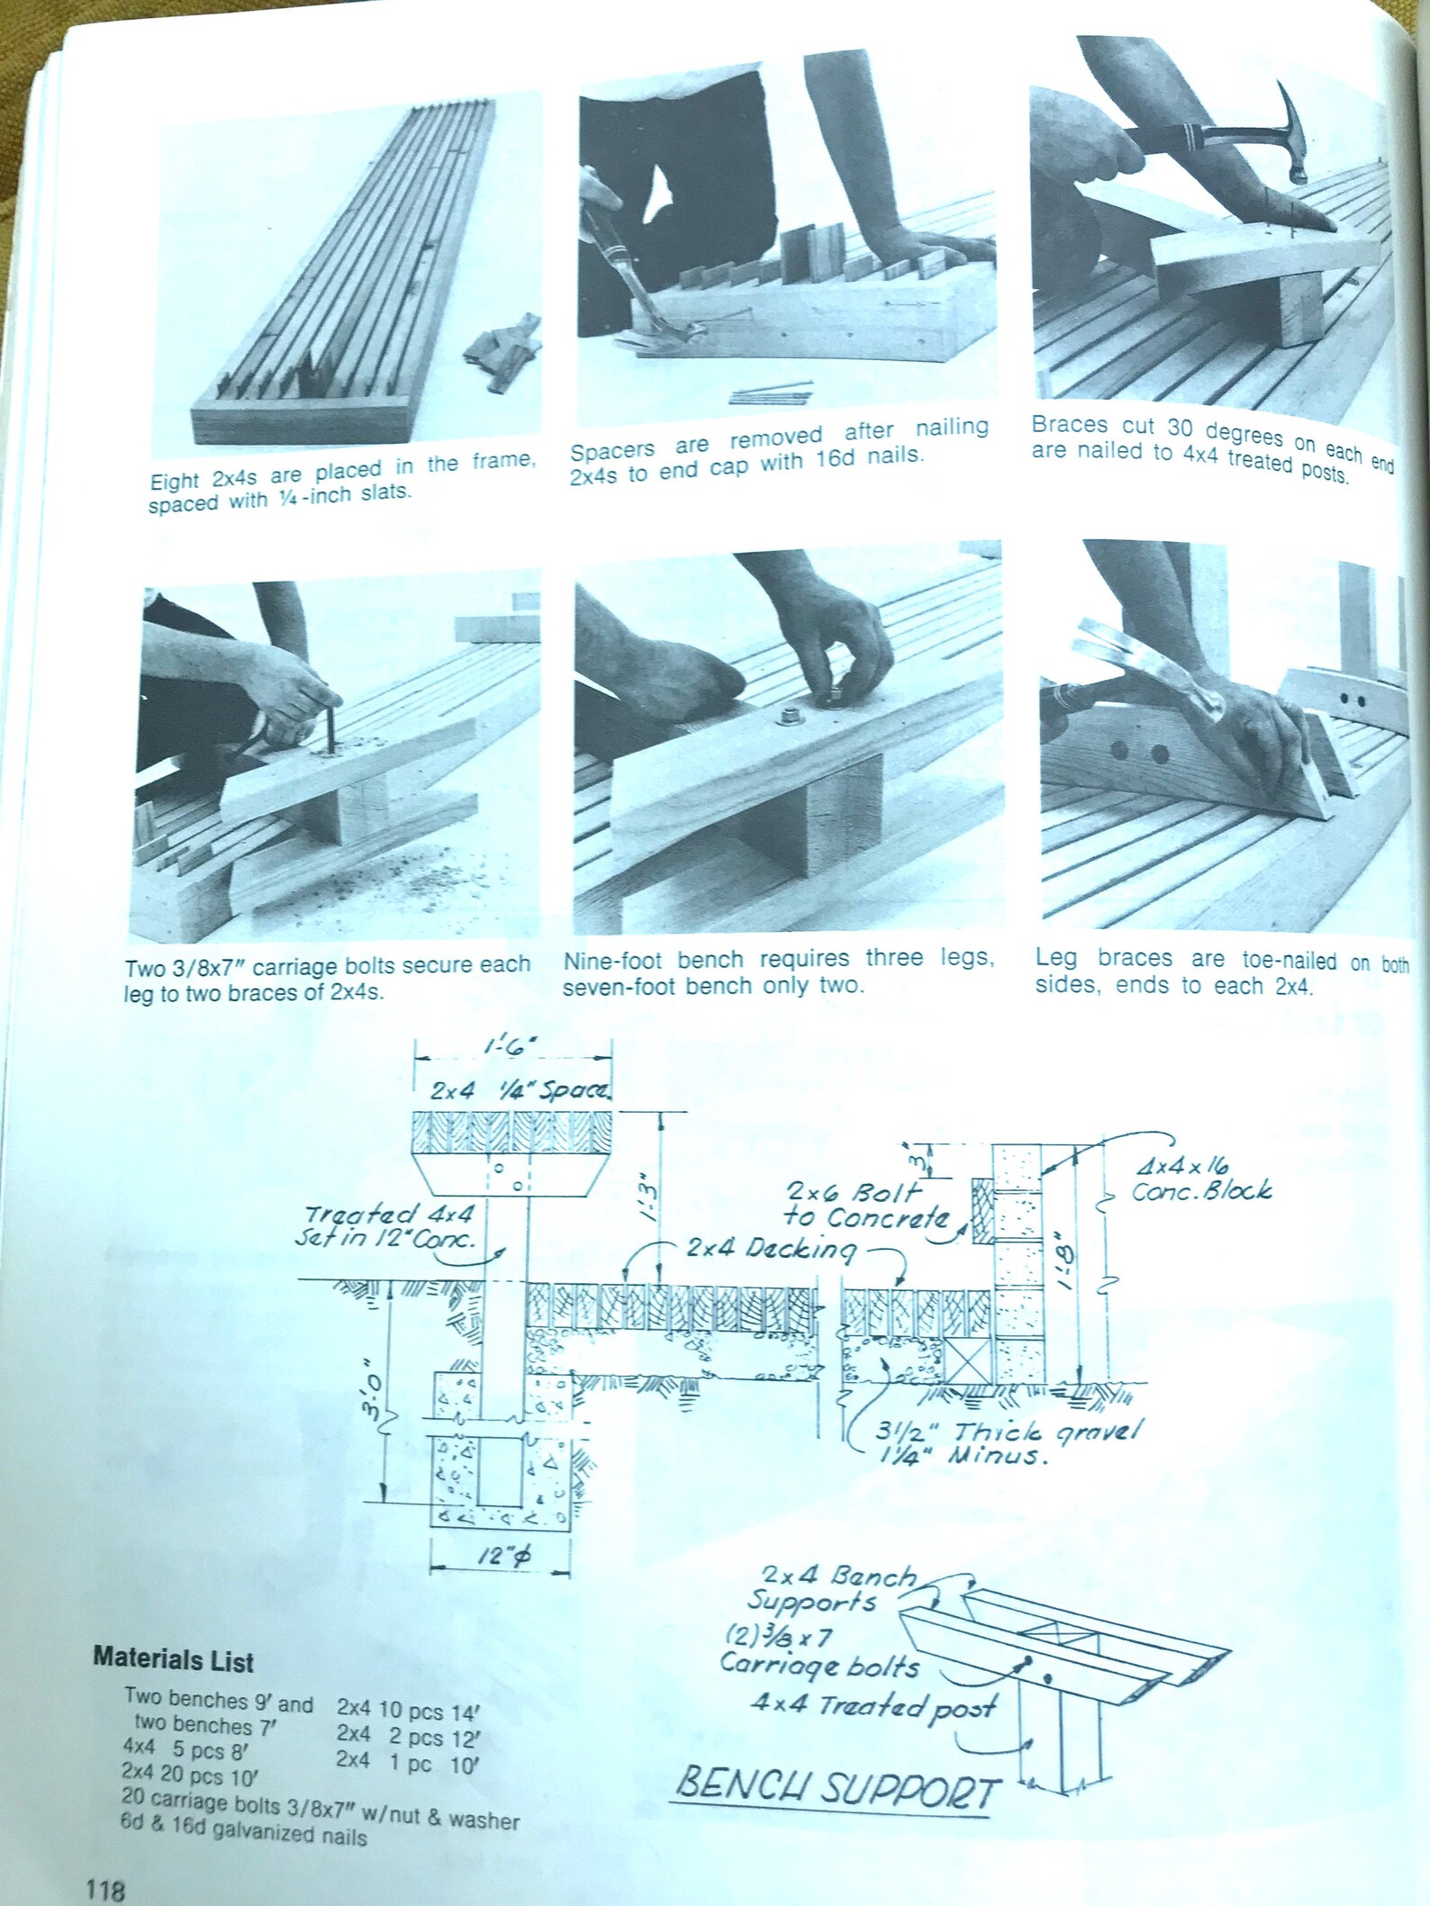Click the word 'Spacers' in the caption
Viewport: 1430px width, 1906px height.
coord(611,450)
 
